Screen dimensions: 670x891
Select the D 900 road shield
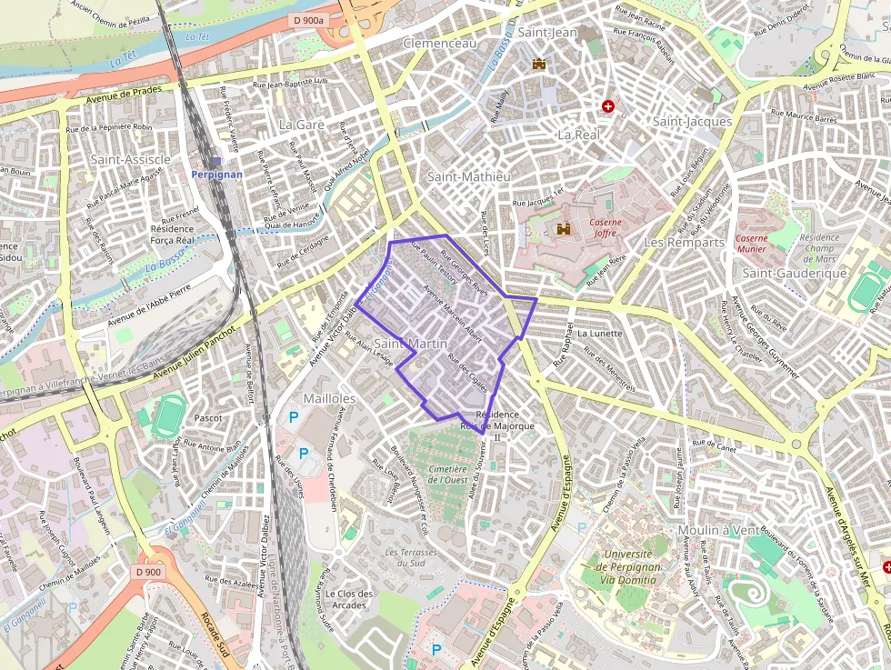(148, 572)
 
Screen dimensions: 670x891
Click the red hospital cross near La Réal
(608, 106)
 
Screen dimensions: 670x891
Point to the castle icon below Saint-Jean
(539, 64)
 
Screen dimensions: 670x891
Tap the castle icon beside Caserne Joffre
(563, 229)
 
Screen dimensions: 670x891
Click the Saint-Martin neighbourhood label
(411, 344)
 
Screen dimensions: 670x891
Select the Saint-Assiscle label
(131, 159)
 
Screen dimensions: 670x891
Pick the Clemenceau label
(439, 43)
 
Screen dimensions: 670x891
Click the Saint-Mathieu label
(468, 176)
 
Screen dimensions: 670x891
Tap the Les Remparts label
(684, 243)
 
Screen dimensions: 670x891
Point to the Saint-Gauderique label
(795, 273)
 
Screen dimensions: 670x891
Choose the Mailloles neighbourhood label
(329, 398)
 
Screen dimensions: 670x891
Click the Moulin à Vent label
(717, 530)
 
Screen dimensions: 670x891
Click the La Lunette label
(599, 334)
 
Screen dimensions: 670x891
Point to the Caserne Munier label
(751, 243)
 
